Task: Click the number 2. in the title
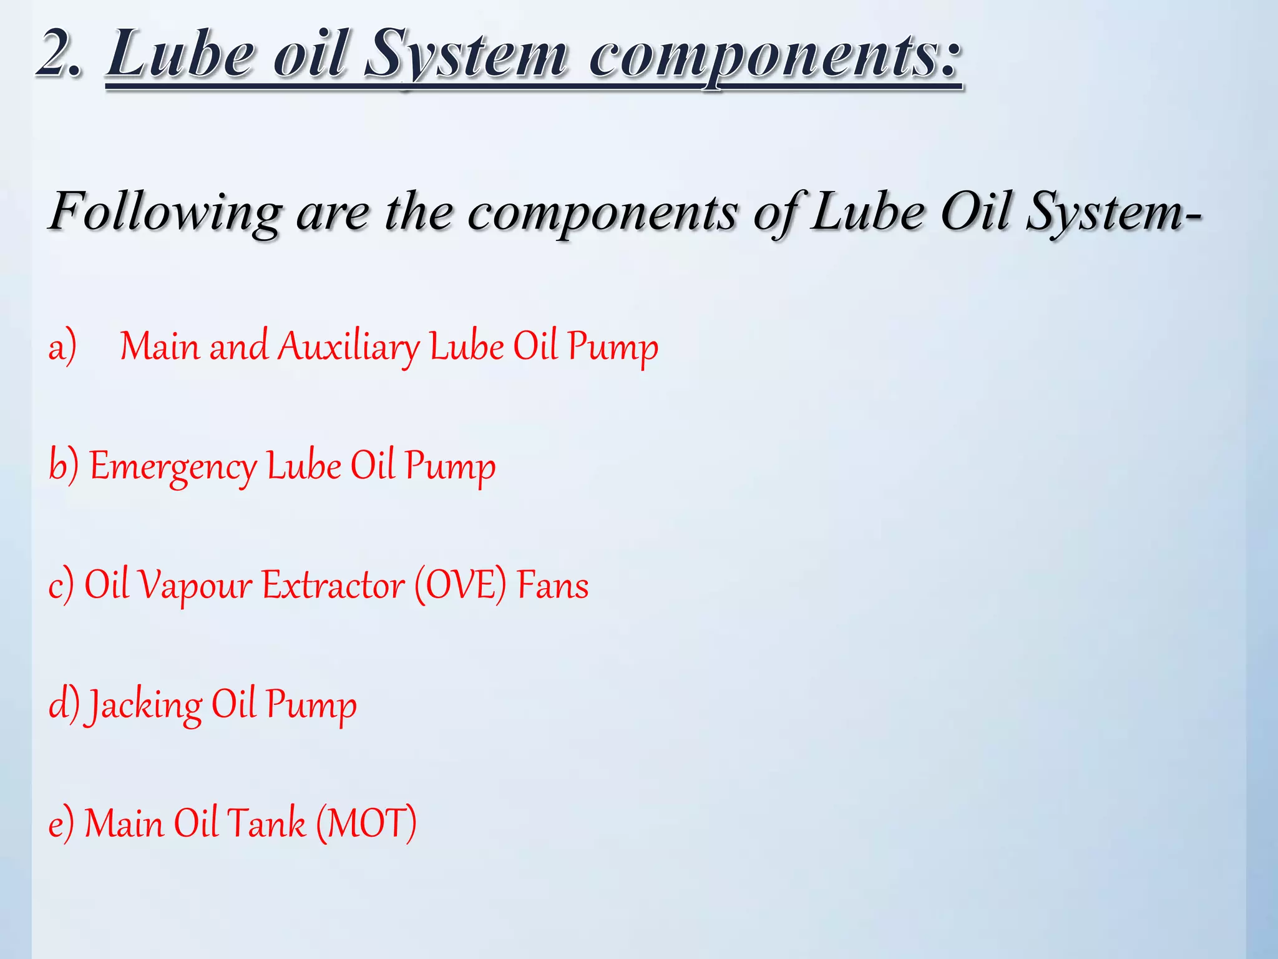pos(59,55)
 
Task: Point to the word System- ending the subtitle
pos(1114,212)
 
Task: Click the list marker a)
pos(62,347)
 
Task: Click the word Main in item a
pos(159,347)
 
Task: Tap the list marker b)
pos(64,466)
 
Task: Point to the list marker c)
pos(61,586)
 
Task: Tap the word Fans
pos(553,586)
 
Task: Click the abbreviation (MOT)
pos(366,823)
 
